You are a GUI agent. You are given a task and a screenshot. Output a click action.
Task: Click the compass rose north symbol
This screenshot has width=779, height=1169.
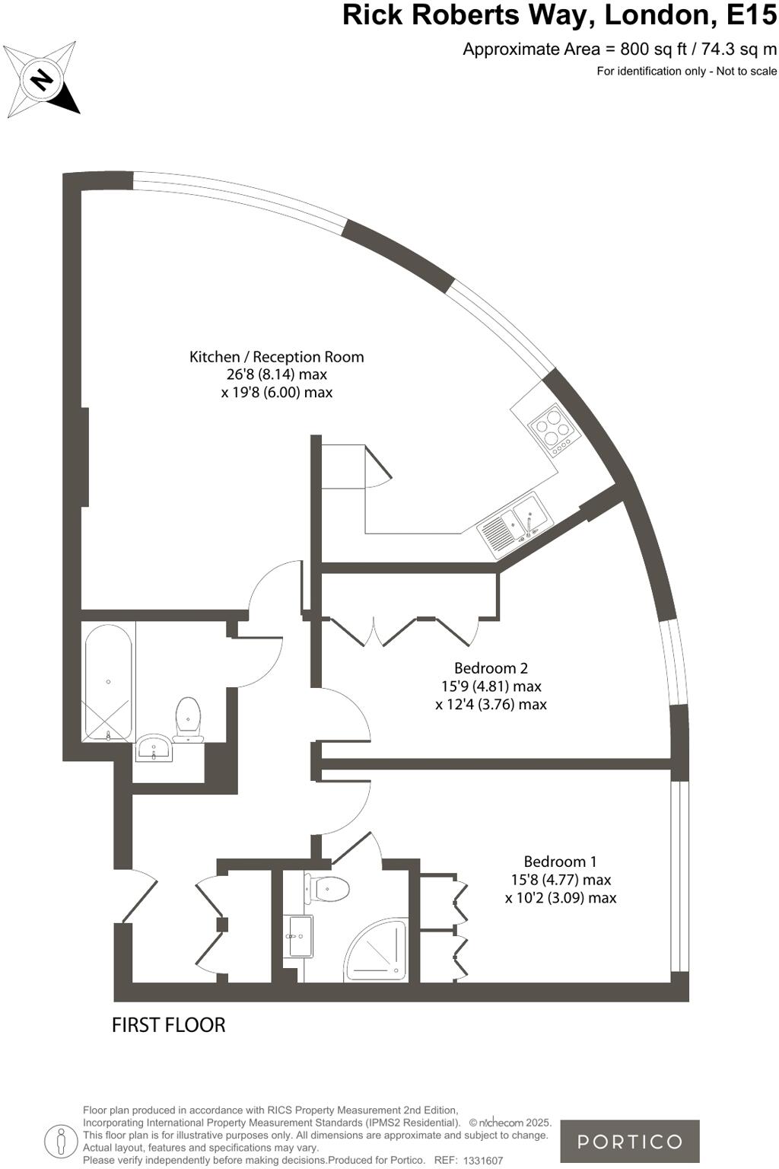pos(42,80)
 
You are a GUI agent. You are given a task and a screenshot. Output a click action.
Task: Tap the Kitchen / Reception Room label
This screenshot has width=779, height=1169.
pos(276,356)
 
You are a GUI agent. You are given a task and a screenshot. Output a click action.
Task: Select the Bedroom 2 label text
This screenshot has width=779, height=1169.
pos(491,668)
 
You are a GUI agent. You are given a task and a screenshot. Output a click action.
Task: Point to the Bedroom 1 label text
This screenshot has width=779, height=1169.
pos(560,862)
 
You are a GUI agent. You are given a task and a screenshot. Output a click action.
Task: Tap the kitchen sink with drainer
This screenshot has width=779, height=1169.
pos(514,525)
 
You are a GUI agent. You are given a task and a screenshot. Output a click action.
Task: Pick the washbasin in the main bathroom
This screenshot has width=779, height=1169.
pos(154,748)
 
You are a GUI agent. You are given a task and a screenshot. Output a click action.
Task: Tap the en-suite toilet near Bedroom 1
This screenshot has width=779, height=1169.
pos(328,887)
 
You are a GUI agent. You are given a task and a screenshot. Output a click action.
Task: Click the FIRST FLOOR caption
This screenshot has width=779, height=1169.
pos(168,1025)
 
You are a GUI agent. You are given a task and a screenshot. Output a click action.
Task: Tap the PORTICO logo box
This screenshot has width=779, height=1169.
pos(629,1141)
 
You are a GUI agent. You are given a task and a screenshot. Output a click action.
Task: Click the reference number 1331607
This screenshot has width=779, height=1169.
pos(483,1161)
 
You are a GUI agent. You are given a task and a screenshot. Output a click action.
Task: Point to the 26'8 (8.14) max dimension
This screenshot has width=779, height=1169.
pos(276,374)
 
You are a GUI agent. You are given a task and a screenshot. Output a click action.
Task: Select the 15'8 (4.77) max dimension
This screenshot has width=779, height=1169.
pos(560,880)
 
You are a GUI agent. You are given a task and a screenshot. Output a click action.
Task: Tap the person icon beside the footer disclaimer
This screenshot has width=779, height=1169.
pos(60,1141)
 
